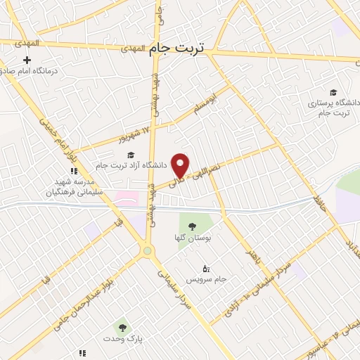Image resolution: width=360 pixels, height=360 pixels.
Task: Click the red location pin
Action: point(181,165)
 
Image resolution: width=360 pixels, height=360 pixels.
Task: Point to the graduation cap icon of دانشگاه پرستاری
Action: point(333,92)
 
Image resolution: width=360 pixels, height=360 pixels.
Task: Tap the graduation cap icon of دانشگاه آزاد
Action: point(130,155)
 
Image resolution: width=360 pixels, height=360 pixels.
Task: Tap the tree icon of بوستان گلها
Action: point(192,226)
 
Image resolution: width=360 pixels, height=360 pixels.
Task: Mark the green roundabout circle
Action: point(147,251)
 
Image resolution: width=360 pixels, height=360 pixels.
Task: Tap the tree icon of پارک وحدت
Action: point(122,328)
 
